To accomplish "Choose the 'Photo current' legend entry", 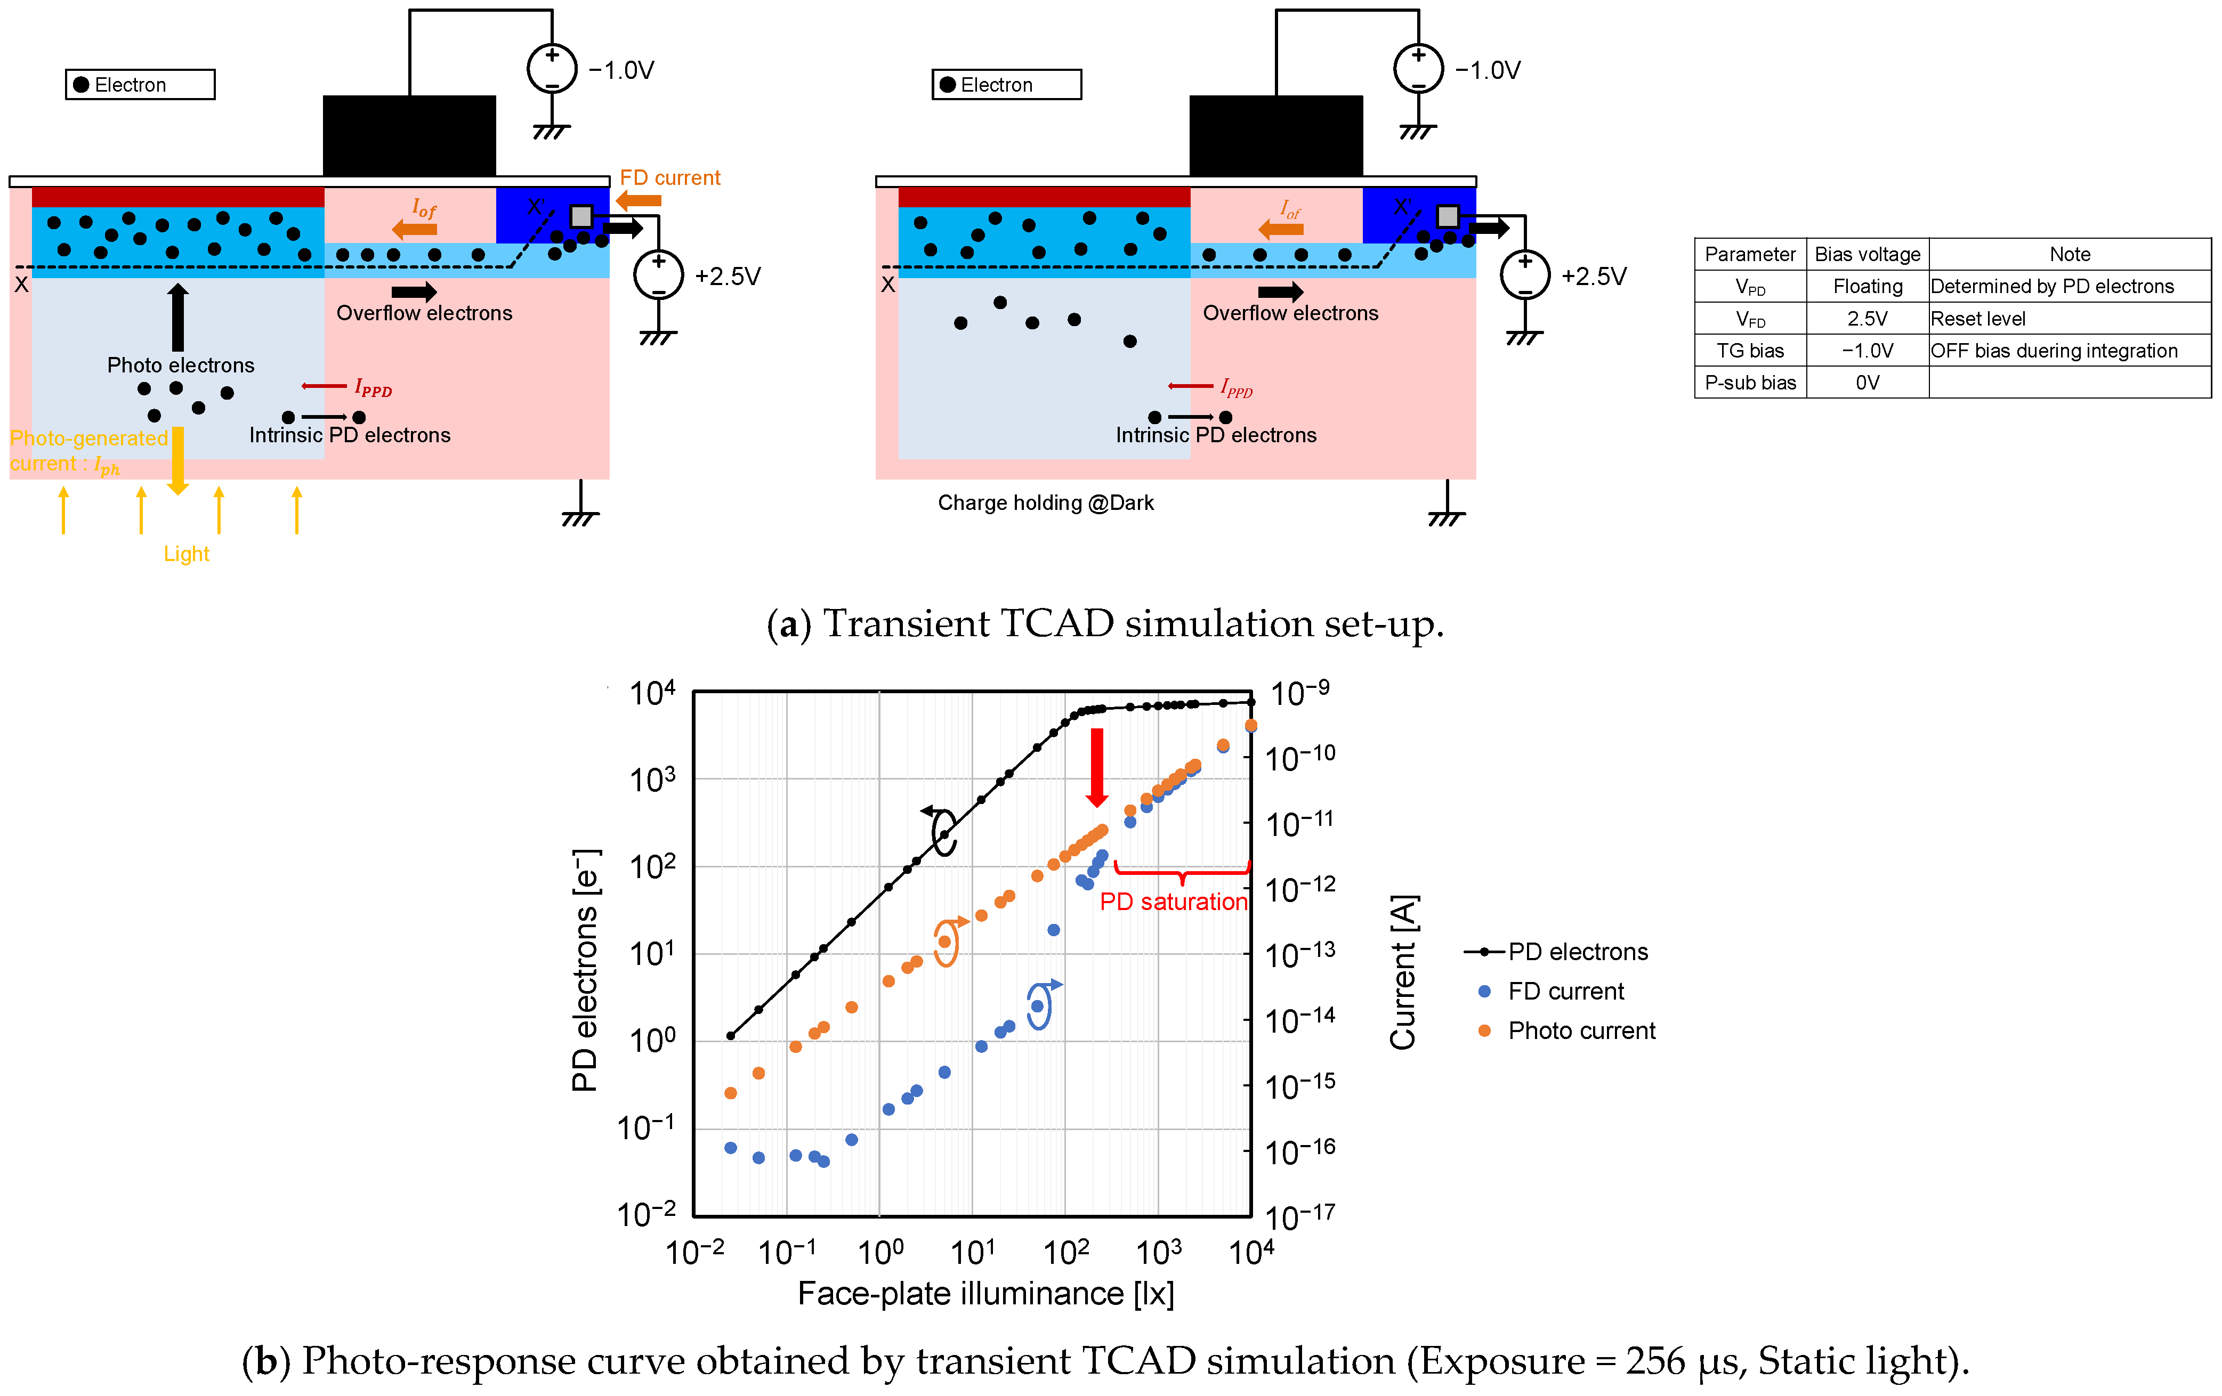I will click(x=1581, y=1030).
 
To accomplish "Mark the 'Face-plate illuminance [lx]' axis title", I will click(x=985, y=1294).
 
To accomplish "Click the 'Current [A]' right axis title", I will click(x=1403, y=971).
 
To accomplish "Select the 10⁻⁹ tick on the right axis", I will click(x=1299, y=693).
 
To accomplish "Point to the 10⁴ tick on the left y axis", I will click(x=651, y=693).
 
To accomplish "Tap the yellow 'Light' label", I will click(x=187, y=554).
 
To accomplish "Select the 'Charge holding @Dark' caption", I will click(x=1046, y=503).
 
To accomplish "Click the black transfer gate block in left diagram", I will click(x=409, y=135).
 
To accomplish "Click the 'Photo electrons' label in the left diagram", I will click(x=181, y=366).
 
